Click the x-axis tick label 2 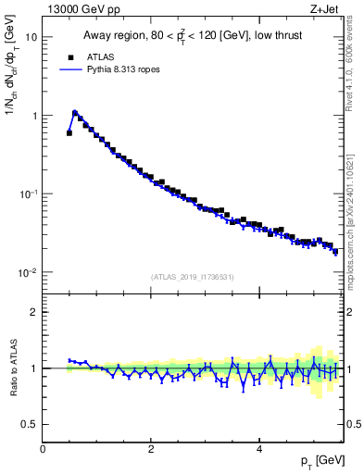[151, 449]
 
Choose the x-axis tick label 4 [259, 449]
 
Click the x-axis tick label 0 [43, 449]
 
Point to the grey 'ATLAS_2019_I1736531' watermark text [193, 276]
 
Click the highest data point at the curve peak [75, 113]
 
